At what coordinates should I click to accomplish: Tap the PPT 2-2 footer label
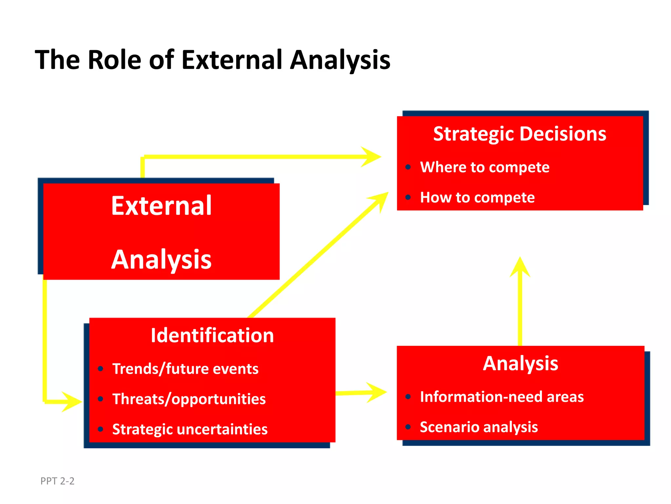click(57, 481)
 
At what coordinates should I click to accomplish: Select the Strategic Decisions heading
click(520, 134)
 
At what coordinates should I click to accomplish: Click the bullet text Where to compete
click(485, 167)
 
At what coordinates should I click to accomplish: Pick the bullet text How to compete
click(477, 198)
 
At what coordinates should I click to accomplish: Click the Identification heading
click(212, 335)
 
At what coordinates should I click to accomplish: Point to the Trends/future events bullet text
click(185, 369)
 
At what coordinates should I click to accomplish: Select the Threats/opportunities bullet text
click(189, 399)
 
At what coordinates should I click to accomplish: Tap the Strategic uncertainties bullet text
click(190, 429)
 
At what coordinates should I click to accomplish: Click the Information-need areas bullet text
click(502, 397)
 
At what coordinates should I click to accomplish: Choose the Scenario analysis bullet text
click(479, 427)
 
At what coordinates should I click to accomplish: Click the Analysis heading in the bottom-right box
click(520, 364)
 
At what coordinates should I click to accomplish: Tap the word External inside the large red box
click(161, 206)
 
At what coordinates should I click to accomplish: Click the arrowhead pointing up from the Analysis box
click(520, 267)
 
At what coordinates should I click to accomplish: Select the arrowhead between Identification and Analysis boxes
click(377, 392)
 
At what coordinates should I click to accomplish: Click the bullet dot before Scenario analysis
click(408, 427)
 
